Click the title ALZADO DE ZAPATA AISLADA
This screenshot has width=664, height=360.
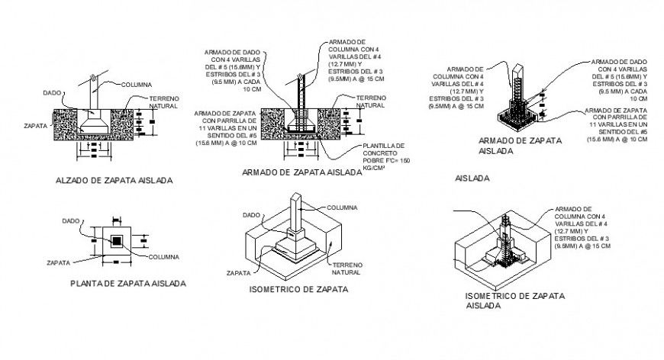114,181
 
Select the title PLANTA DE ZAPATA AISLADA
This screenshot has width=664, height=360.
127,283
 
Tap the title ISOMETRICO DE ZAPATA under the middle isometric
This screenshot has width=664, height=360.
298,290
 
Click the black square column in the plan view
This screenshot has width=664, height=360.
116,241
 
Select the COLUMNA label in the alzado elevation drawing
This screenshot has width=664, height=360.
136,84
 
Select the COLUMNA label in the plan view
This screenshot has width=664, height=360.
164,256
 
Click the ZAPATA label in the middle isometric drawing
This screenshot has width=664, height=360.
240,272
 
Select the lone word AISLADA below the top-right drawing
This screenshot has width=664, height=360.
472,178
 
